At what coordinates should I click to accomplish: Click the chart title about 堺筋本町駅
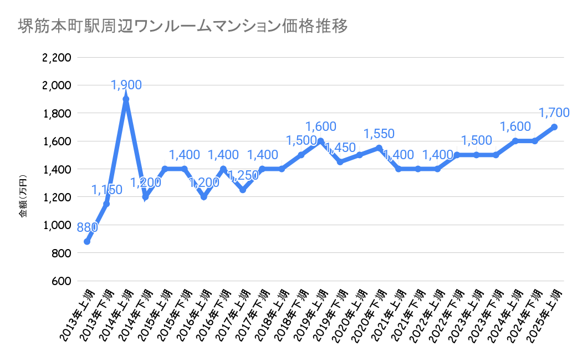183,26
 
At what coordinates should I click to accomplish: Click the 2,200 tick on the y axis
56,58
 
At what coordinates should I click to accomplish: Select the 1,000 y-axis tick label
56,225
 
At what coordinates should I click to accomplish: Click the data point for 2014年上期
126,99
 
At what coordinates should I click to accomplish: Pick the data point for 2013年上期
87,241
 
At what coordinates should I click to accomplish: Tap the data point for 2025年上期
554,127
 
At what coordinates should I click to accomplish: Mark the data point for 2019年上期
320,141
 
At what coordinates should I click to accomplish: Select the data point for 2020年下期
379,148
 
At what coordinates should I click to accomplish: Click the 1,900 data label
126,85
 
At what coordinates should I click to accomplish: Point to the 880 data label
87,227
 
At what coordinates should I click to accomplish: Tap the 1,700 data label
554,113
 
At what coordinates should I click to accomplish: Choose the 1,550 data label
379,134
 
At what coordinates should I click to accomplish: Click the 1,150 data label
107,190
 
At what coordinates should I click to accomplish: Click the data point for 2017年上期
243,190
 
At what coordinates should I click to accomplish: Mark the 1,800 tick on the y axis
56,113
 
